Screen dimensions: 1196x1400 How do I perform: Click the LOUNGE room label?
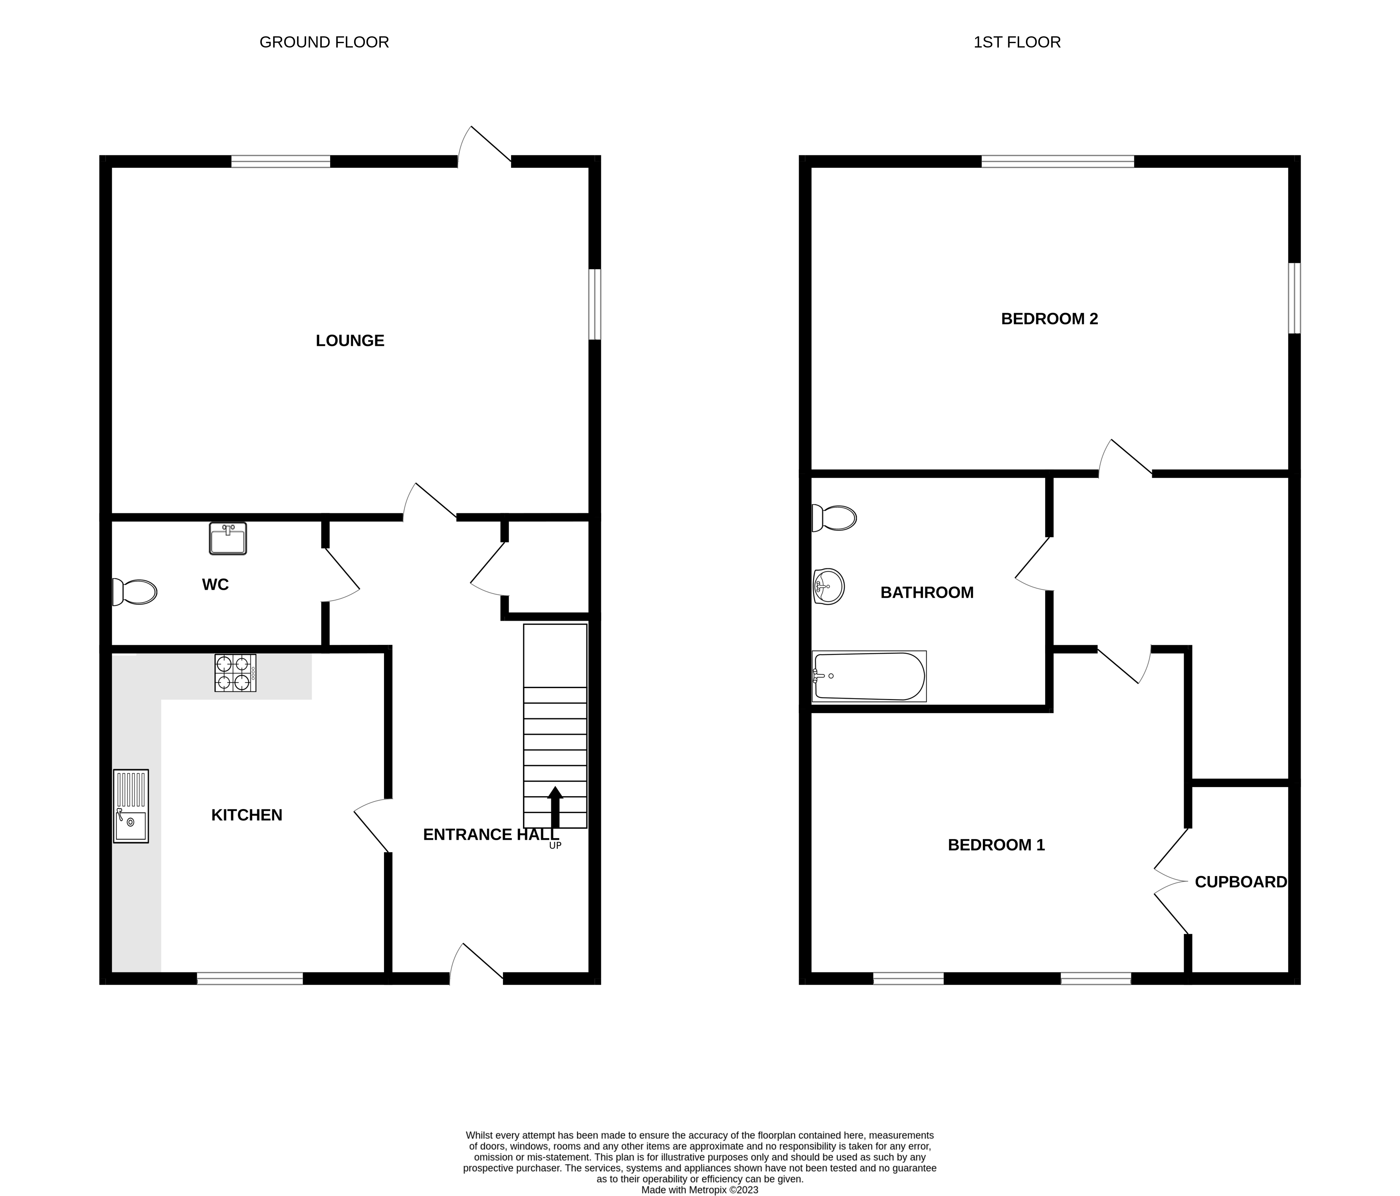tap(350, 341)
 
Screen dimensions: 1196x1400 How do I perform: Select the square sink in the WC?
tap(228, 539)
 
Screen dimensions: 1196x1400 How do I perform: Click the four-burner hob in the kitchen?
tap(235, 672)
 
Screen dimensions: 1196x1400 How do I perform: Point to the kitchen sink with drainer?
tap(131, 806)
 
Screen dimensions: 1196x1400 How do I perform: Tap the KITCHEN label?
tap(247, 815)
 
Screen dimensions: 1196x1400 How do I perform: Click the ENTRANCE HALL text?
tap(491, 835)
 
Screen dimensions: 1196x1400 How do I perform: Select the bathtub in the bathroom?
tap(869, 676)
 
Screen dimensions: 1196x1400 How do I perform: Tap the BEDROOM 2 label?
tap(1050, 319)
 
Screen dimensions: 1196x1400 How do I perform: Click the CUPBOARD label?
tap(1241, 882)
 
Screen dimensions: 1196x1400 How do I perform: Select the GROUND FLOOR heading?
tap(324, 42)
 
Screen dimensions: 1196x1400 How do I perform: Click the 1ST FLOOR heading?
tap(1017, 42)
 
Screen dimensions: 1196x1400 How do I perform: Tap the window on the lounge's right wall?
tap(594, 304)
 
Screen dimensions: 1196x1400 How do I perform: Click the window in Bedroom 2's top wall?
tap(1057, 161)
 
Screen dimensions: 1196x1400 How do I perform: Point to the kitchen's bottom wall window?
tap(250, 978)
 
